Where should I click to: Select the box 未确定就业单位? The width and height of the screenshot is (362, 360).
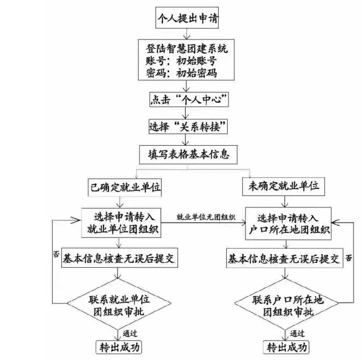tap(284, 187)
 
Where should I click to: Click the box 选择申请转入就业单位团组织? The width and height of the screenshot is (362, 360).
tap(123, 223)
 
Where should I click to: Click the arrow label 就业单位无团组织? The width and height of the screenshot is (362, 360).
tap(206, 217)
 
